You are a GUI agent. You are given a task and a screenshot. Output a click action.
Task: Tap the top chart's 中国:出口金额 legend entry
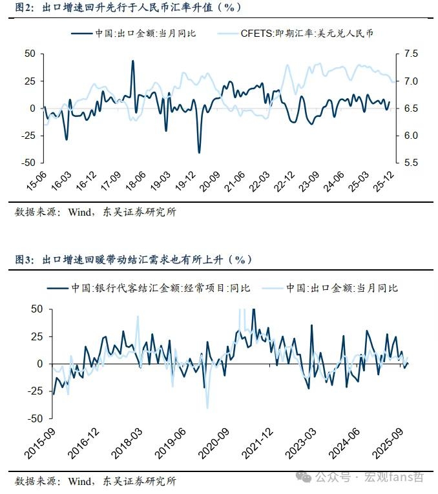tap(140, 33)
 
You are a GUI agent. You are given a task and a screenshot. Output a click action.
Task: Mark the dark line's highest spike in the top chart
tap(133, 61)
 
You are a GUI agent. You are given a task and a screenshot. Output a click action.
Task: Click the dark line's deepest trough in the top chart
tap(199, 152)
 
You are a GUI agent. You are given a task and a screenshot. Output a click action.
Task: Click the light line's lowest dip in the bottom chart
tap(207, 408)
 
